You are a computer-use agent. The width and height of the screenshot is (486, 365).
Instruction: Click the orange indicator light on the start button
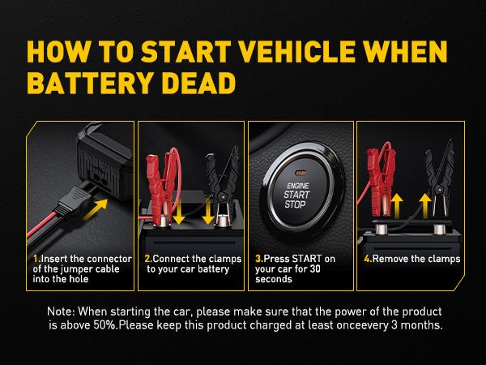pos(300,151)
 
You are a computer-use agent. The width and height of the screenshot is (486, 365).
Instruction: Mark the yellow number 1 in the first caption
pos(36,259)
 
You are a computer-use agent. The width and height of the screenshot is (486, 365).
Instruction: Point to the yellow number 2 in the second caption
pos(147,259)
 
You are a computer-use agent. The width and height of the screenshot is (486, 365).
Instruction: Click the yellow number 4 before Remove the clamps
pos(367,259)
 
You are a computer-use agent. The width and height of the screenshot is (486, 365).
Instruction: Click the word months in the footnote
pos(421,325)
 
